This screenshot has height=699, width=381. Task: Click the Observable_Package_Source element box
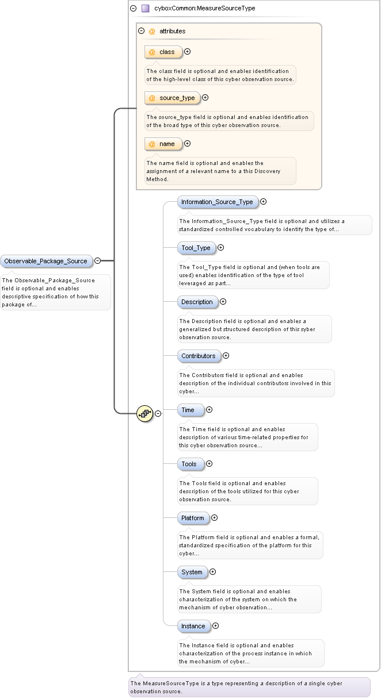[45, 261]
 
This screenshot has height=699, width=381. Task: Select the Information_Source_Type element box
[217, 202]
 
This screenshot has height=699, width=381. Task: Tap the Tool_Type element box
[196, 248]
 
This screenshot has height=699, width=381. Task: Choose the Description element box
[197, 302]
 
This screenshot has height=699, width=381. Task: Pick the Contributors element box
[198, 356]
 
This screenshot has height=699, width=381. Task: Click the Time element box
[190, 410]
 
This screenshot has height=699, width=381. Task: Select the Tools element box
[190, 464]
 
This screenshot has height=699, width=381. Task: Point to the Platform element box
[193, 518]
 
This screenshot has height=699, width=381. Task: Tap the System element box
[192, 572]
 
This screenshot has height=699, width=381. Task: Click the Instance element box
[193, 626]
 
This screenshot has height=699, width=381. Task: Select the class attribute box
[163, 52]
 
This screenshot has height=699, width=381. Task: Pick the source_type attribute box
[172, 98]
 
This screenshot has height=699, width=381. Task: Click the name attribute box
[163, 144]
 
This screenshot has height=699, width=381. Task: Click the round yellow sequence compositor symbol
[144, 413]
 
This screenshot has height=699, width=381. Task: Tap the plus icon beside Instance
[216, 626]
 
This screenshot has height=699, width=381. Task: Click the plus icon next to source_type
[205, 98]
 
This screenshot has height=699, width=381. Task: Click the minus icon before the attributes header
[142, 31]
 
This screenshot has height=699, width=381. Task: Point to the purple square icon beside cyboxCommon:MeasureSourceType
[146, 9]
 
